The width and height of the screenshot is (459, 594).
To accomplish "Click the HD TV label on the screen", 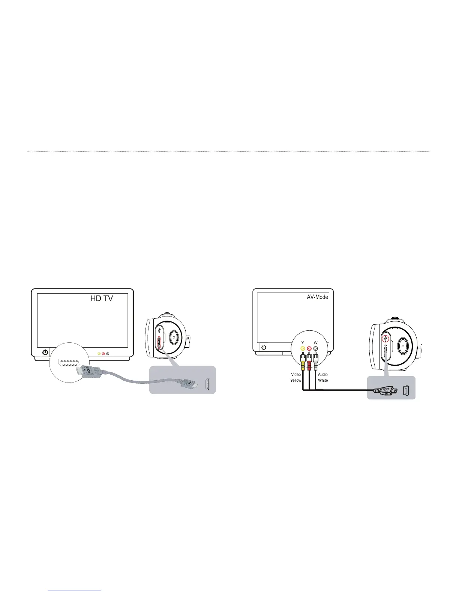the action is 102,298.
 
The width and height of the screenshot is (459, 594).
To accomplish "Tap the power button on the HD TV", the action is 45,352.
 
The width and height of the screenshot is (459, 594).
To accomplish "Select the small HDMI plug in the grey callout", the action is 188,384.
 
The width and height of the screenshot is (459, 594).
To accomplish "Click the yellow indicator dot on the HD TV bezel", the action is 99,353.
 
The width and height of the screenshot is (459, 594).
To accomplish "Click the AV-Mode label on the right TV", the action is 317,297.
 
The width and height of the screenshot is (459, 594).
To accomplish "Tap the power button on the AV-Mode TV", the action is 264,347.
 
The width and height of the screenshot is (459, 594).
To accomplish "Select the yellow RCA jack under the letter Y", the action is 303,348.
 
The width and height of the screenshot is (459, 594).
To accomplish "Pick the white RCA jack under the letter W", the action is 316,348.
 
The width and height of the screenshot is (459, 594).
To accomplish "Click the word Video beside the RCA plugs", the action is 296,374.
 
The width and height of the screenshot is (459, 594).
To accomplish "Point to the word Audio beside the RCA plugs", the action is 323,374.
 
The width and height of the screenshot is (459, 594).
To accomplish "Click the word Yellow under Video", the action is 295,380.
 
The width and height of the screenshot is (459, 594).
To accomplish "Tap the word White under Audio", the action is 323,380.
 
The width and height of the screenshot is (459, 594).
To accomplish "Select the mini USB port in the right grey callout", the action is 406,391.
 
